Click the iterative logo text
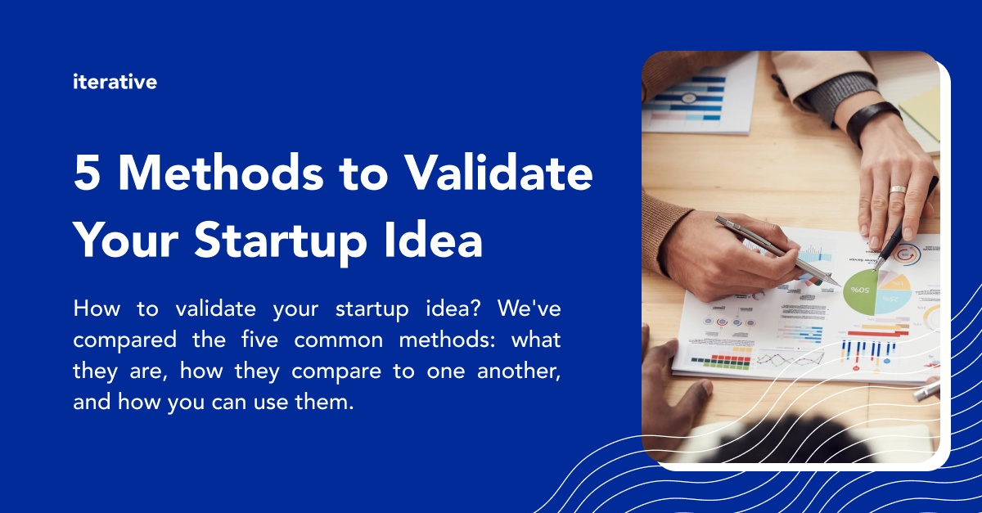point(115,82)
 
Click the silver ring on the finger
point(898,190)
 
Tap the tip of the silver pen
point(838,283)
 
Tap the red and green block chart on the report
point(720,359)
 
